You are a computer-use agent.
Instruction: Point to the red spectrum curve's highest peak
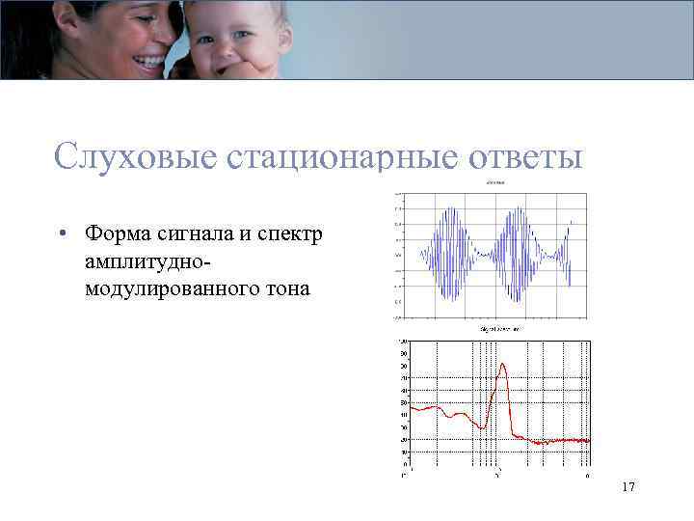point(501,365)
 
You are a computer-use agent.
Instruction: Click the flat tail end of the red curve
point(578,440)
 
